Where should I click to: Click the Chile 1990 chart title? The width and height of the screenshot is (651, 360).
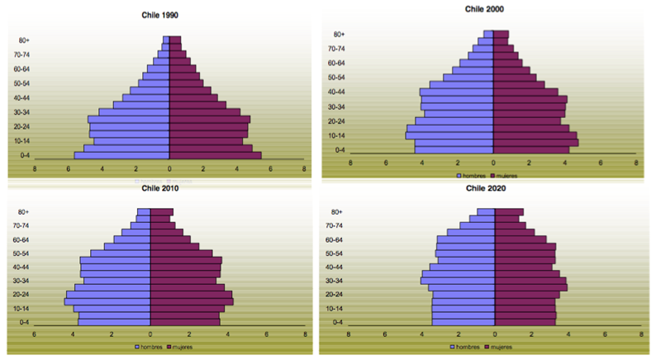(x=169, y=15)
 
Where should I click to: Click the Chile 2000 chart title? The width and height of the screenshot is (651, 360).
(x=484, y=9)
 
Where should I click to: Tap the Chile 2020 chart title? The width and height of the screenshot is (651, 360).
(x=485, y=187)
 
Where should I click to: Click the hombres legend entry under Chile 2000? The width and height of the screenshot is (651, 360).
(x=472, y=176)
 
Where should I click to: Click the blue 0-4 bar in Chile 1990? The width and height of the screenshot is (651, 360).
(x=122, y=154)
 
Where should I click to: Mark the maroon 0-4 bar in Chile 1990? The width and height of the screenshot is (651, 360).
(x=215, y=154)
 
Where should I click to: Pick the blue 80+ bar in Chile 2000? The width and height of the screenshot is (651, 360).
(x=488, y=34)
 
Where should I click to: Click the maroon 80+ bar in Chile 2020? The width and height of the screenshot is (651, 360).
(x=508, y=212)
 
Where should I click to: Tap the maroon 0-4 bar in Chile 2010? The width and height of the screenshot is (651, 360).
(x=184, y=322)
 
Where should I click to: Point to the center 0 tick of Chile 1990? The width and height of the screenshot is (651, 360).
(x=169, y=168)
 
